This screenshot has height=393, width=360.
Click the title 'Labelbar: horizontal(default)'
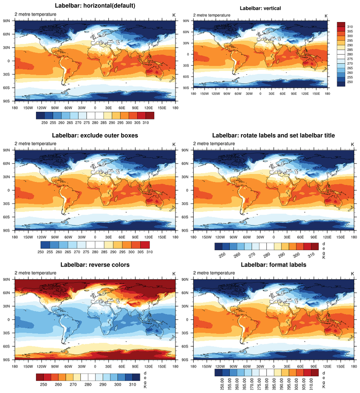[95, 6]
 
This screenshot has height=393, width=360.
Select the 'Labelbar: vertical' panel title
[260, 8]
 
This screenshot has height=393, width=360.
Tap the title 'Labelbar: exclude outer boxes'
[95, 135]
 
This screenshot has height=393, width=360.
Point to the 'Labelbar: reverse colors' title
[95, 265]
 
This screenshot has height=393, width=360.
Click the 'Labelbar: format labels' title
[273, 265]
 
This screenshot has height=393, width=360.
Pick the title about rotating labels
[273, 135]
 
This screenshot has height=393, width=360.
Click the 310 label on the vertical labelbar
[350, 27]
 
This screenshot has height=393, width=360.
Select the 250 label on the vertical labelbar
[350, 82]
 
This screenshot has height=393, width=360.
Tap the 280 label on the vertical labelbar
[350, 55]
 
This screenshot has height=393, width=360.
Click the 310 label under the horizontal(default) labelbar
[145, 123]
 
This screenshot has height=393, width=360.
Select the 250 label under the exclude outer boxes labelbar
[41, 252]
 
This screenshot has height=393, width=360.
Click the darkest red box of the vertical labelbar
[341, 25]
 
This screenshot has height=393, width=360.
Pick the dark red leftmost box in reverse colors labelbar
[40, 377]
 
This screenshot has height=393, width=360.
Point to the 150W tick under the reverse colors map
[28, 366]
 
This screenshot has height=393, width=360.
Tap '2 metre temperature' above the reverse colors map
[35, 273]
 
